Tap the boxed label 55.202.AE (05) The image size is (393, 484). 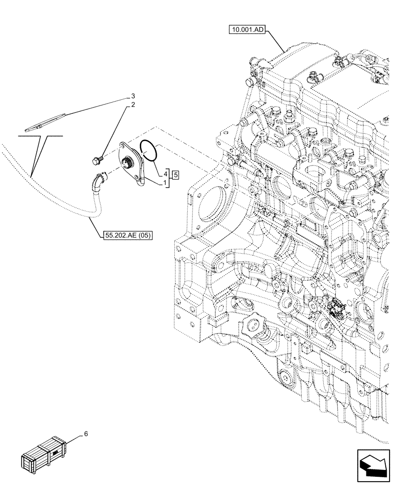pyautogui.click(x=127, y=236)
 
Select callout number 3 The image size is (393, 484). pyautogui.click(x=133, y=96)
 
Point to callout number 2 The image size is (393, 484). pyautogui.click(x=133, y=105)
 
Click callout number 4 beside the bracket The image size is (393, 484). pyautogui.click(x=165, y=173)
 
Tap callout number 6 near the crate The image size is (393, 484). pyautogui.click(x=86, y=434)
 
